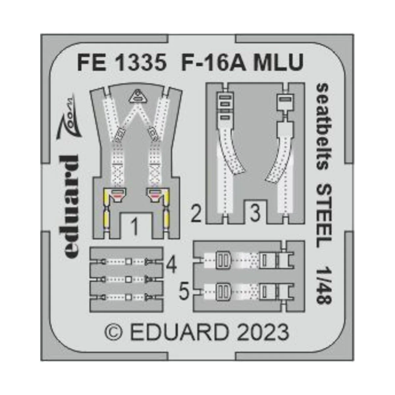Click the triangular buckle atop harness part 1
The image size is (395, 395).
click(x=138, y=96)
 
